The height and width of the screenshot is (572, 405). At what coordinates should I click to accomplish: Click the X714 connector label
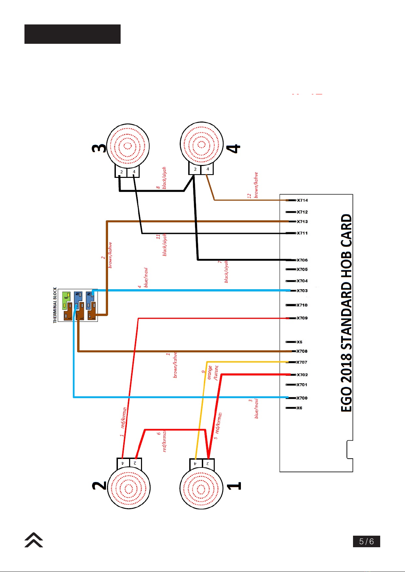coord(302,200)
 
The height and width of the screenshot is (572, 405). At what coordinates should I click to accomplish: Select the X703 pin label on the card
coord(302,291)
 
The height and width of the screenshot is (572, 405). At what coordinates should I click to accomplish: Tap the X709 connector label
coord(302,318)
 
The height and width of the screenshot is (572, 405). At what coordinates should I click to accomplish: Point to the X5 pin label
coord(299,342)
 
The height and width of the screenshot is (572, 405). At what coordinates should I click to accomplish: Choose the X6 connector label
coord(299,408)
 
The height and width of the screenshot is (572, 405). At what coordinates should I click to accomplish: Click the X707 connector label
coord(302,362)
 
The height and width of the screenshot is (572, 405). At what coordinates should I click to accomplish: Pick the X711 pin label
coord(302,233)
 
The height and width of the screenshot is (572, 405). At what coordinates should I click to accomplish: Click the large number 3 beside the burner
coord(99,148)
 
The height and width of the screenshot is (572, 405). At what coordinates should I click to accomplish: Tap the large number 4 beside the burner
coord(233,149)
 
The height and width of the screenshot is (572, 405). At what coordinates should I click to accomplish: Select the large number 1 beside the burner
coord(234,486)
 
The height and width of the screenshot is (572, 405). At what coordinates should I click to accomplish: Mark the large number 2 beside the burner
coord(100,486)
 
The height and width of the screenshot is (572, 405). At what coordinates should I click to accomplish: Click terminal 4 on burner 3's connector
coord(134,172)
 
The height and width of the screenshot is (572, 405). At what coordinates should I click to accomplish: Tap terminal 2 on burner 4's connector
coord(195,169)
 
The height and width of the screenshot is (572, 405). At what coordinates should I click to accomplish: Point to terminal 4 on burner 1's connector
coord(195,463)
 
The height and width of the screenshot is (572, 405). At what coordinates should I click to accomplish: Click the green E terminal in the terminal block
coord(67,300)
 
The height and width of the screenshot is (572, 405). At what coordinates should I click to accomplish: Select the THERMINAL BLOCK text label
coord(55,305)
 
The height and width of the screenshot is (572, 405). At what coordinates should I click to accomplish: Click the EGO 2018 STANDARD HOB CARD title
coord(346,313)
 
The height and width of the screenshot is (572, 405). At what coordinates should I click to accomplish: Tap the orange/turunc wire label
coord(212,373)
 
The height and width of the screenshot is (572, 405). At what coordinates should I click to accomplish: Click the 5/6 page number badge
coord(366,541)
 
